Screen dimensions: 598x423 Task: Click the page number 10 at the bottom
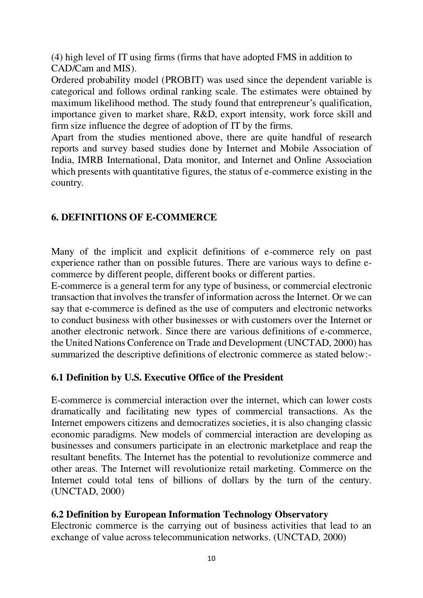pos(211,559)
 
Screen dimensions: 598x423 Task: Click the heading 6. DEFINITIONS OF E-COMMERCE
pos(134,217)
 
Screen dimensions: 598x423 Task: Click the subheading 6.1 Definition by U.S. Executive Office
pos(167,377)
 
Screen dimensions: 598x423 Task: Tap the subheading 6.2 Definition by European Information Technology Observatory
pos(190,514)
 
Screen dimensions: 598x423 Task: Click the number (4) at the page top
pos(57,57)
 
